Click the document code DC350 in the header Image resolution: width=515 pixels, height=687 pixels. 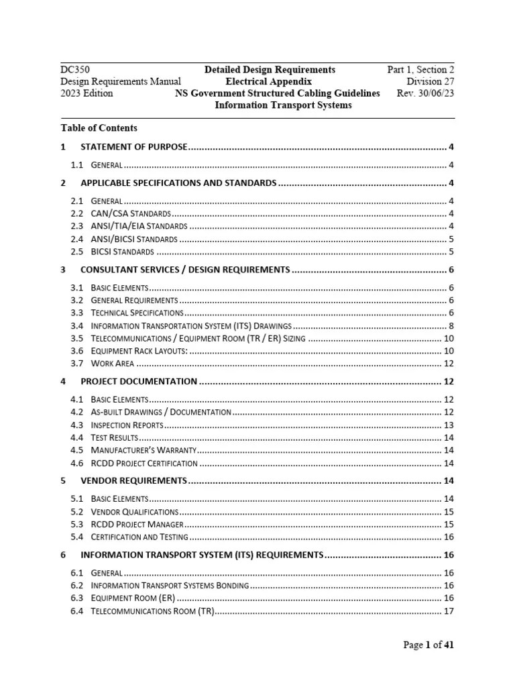[75, 70]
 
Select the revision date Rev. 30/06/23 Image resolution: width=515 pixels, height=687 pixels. [425, 93]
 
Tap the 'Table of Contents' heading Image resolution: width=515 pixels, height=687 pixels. [99, 127]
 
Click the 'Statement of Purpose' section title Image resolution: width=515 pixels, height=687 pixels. [133, 147]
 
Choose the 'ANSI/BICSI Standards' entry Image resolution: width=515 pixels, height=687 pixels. [134, 239]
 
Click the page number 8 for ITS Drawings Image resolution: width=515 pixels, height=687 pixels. [451, 325]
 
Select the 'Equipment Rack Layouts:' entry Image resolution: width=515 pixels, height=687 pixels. [139, 351]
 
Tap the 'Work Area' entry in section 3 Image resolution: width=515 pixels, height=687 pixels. [113, 364]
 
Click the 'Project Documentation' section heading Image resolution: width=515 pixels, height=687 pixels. [139, 382]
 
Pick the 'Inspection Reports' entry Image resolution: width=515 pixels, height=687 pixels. [127, 425]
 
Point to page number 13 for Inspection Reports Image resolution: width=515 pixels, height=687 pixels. [449, 425]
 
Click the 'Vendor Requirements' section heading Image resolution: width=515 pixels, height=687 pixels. [133, 481]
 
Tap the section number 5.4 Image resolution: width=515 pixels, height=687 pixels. [76, 537]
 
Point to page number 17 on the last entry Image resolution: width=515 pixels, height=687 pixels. [449, 611]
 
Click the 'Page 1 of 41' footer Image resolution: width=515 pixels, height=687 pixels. [428, 645]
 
